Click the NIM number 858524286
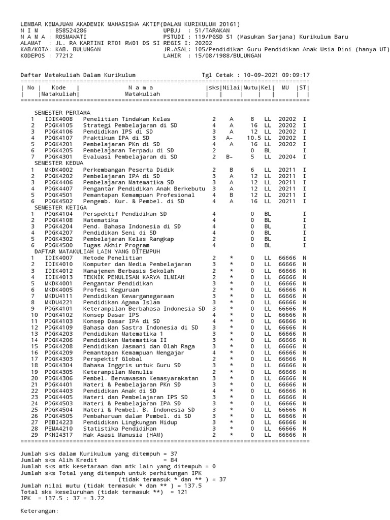coord(70,30)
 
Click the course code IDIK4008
coord(58,118)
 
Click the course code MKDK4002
coord(58,170)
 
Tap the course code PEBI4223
coord(58,422)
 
